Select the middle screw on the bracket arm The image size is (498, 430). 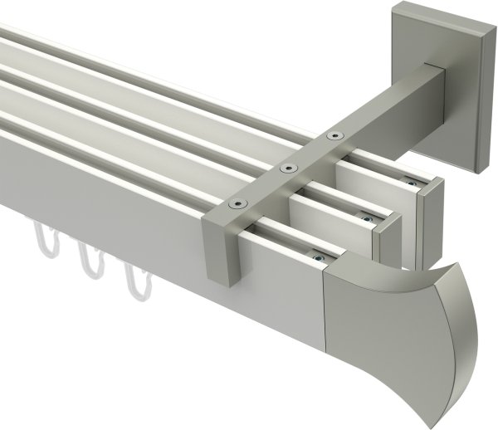pos(289,169)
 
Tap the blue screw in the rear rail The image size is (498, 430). pos(408,181)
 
